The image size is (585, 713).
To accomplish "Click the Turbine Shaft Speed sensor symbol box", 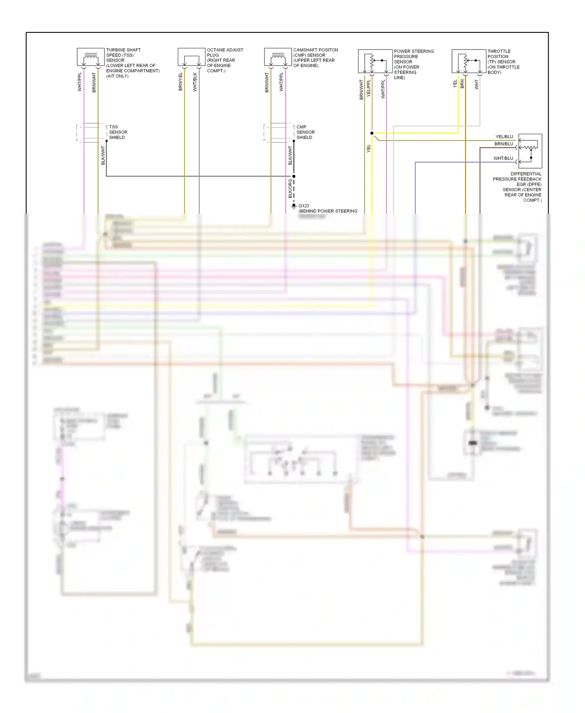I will coord(90,57).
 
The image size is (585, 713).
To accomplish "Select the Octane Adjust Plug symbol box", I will coord(191,57).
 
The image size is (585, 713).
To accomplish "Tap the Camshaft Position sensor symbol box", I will coord(278,57).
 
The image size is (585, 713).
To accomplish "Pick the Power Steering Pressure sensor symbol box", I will coord(375,61).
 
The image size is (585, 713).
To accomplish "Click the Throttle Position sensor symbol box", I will coord(469,61).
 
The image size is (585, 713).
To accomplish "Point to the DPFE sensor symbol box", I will coord(530,151).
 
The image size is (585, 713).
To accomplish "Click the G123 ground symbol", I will coord(294,206).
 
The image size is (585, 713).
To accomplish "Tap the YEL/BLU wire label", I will coord(504,137).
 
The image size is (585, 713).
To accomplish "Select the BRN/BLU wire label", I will coord(504,144).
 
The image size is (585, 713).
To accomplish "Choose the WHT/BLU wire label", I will coord(503,158).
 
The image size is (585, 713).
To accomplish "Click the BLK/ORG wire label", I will coord(290,188).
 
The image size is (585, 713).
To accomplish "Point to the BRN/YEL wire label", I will coord(181,82).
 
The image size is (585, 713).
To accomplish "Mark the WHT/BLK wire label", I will coord(195,82).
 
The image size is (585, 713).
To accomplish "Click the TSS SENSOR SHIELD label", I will coord(118,132).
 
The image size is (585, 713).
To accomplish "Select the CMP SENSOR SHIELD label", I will coord(305,132).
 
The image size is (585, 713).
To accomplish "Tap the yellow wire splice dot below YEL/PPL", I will coord(372,133).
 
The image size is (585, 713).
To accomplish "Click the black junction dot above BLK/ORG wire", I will coord(294,176).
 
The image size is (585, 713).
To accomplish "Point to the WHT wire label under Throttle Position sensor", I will coord(477,85).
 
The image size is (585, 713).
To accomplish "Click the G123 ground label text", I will coord(304,206).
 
